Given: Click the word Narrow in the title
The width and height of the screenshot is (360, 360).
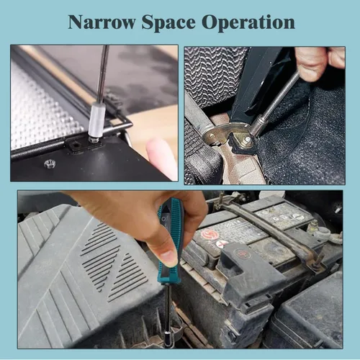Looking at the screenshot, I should click(101, 22).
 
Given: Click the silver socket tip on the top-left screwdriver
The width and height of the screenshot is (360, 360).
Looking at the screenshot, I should click(96, 119).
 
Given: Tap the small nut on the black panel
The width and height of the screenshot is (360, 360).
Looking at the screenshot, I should click(49, 164).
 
